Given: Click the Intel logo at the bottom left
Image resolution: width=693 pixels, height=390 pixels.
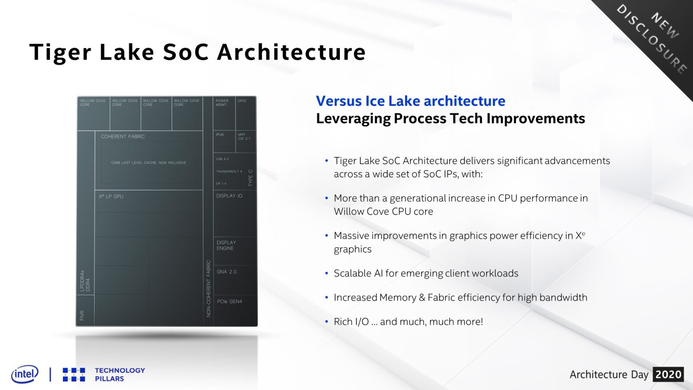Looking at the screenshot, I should [25, 374].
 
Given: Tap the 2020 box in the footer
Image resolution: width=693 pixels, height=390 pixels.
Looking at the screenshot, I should [668, 374].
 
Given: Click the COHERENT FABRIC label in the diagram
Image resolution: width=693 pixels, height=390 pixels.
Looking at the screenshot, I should [123, 136].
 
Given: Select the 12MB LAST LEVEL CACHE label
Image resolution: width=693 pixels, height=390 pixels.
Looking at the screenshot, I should [148, 163].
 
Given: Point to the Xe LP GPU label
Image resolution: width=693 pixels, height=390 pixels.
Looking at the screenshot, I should [111, 196].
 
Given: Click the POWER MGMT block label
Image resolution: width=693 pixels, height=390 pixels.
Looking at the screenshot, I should [222, 103].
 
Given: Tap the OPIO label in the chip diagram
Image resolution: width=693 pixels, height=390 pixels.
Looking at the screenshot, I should [242, 101].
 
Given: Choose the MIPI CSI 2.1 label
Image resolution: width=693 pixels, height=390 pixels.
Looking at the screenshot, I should [244, 136].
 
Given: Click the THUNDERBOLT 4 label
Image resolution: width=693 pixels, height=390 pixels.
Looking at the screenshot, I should [229, 172].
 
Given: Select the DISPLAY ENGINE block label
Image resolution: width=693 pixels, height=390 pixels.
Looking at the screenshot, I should [226, 245].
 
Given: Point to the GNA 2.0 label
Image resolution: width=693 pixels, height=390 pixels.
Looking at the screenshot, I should [227, 272].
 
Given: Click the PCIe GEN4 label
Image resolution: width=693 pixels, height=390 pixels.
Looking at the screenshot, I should [230, 302].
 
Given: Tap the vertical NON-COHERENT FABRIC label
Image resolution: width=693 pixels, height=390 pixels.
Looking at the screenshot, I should [208, 288].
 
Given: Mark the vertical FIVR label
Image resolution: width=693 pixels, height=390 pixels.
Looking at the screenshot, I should [82, 315].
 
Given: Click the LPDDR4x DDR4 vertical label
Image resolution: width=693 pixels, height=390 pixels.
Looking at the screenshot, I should [85, 281].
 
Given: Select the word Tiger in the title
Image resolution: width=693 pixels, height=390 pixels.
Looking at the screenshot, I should [60, 52].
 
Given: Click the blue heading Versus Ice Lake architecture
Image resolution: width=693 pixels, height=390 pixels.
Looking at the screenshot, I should [410, 101].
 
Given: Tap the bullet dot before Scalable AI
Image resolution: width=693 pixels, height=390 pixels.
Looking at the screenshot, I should [327, 273].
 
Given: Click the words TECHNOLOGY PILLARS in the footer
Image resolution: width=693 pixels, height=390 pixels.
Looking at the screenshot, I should [120, 374].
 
